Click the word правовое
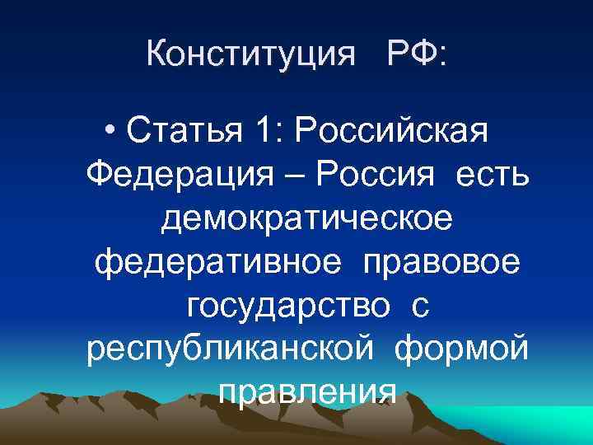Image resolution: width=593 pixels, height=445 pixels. pyautogui.click(x=438, y=264)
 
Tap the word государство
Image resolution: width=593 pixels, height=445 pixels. pyautogui.click(x=288, y=309)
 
